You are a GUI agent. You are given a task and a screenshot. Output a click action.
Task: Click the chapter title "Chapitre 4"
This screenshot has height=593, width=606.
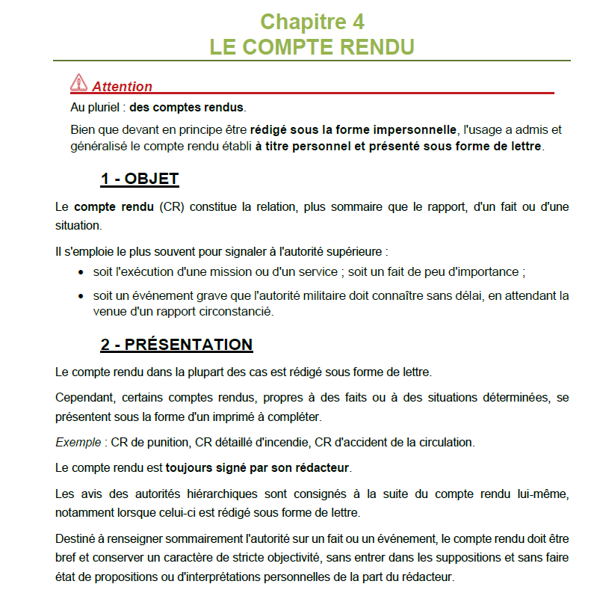pos(312,20)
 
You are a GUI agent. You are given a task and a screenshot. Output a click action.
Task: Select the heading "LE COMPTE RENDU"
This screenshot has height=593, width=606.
pos(312,46)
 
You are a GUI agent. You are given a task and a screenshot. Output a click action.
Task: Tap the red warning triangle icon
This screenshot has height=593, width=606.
pos(78,83)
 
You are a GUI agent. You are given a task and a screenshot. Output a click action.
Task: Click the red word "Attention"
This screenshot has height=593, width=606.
pos(122,87)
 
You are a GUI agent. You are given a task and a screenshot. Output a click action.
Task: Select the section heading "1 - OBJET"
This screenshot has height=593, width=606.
pos(140,179)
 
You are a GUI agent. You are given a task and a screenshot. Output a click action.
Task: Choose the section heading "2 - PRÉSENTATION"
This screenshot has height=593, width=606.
pos(177,345)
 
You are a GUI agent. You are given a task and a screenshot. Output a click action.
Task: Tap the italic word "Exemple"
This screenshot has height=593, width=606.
pos(78,442)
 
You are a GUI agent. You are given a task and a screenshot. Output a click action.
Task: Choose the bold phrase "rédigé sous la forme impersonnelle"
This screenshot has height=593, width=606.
pos(353,129)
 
